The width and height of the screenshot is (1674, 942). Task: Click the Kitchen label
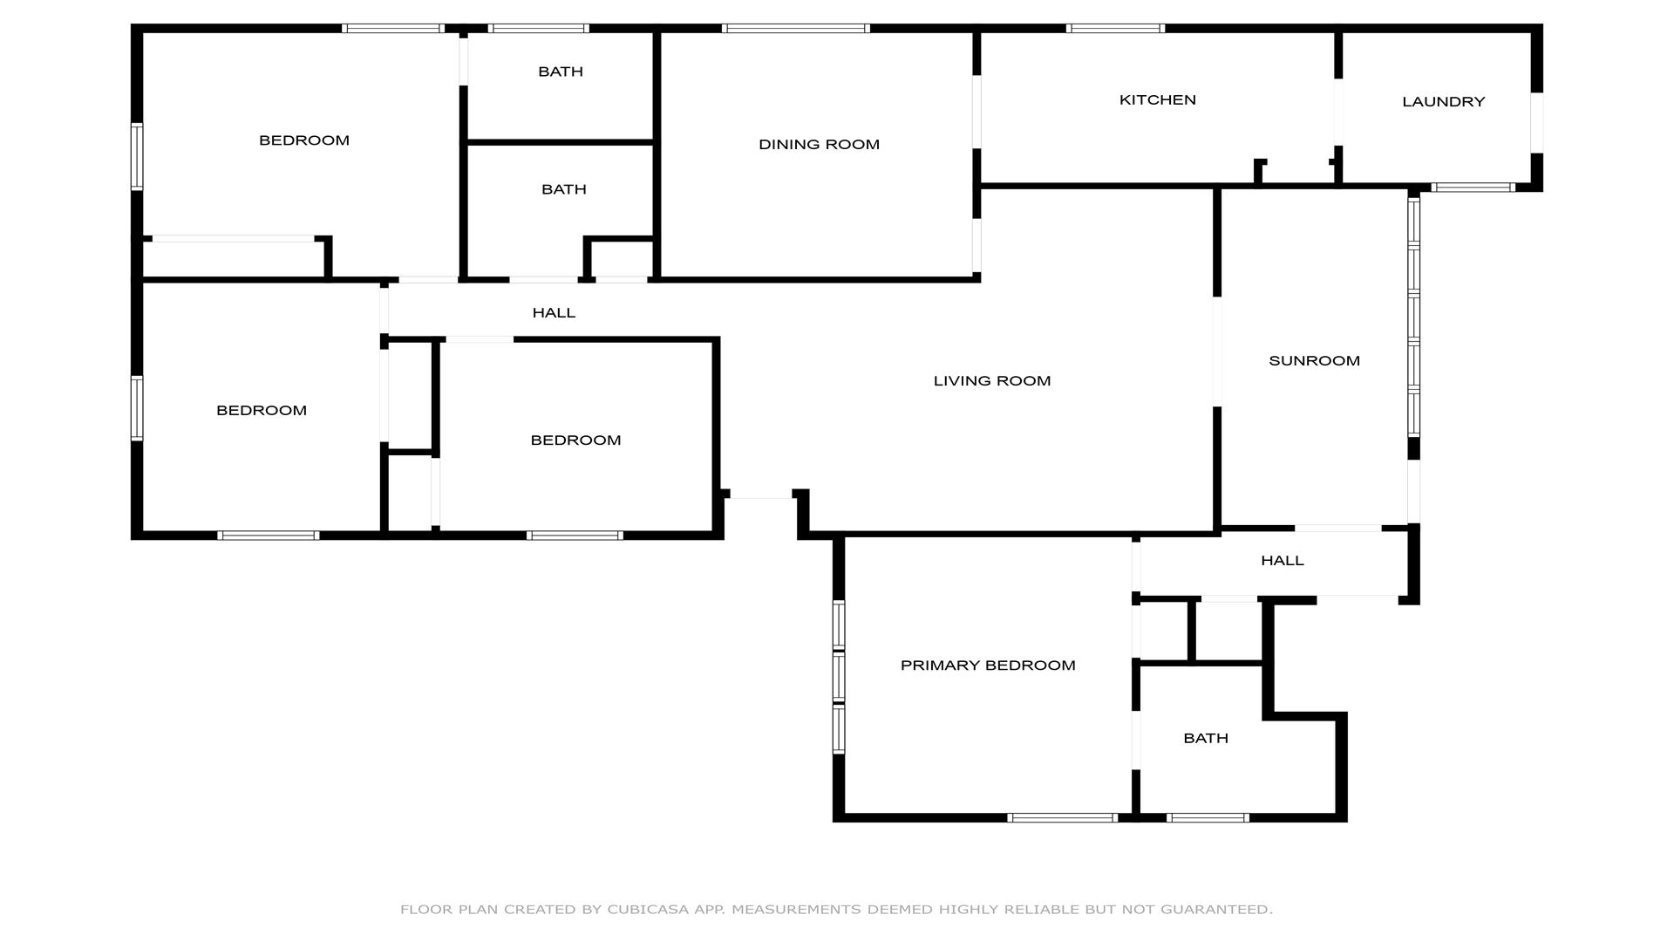pyautogui.click(x=1157, y=100)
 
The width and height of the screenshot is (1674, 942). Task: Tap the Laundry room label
pyautogui.click(x=1443, y=102)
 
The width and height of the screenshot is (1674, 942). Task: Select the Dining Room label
pyautogui.click(x=819, y=145)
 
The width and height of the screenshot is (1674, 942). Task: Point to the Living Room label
pyautogui.click(x=992, y=381)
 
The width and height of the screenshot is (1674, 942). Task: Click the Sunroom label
pyautogui.click(x=1314, y=361)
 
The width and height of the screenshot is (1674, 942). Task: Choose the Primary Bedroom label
pyautogui.click(x=988, y=666)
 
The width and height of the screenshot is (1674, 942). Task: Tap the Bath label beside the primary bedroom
pyautogui.click(x=1206, y=739)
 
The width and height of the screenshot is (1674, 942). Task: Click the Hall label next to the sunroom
pyautogui.click(x=1283, y=561)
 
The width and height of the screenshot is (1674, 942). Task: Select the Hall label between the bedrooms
pyautogui.click(x=554, y=313)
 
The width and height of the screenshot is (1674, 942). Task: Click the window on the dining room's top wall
pyautogui.click(x=796, y=29)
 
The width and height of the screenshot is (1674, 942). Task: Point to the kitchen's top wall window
pyautogui.click(x=1115, y=29)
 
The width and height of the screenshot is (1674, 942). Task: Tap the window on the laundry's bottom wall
pyautogui.click(x=1473, y=188)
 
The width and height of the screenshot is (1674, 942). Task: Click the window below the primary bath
pyautogui.click(x=1208, y=818)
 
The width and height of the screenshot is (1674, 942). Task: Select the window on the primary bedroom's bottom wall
pyautogui.click(x=1063, y=818)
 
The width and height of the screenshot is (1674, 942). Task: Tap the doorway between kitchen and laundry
pyautogui.click(x=1338, y=113)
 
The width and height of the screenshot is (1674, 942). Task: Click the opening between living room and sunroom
pyautogui.click(x=1217, y=352)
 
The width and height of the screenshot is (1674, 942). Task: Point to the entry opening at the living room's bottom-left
pyautogui.click(x=760, y=495)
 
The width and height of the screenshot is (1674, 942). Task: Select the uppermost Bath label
pyautogui.click(x=561, y=72)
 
